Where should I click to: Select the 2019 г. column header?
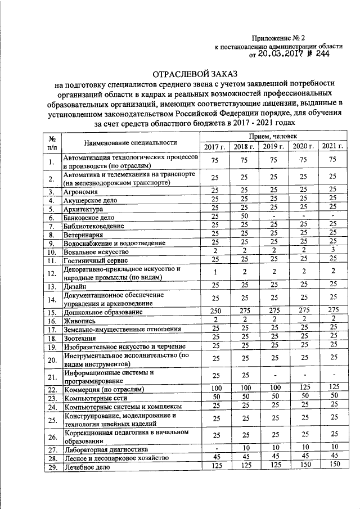pos(273,147)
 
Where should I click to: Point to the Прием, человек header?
pos(273,137)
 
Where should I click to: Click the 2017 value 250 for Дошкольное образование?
pos(214,311)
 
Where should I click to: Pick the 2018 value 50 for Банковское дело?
pos(244,217)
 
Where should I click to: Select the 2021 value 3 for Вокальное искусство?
pos(333,250)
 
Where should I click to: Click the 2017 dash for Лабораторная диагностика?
pos(214,449)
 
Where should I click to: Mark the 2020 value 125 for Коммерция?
pos(303,388)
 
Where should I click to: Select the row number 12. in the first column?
pos(52,273)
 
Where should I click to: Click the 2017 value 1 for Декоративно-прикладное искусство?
pos(214,273)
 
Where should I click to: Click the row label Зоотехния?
pos(80,339)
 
